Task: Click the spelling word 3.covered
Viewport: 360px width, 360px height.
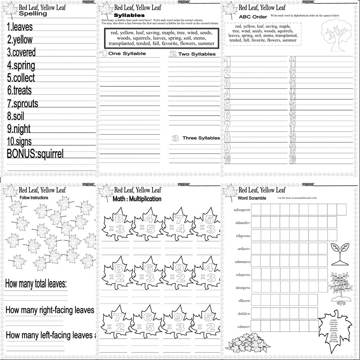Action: tap(21, 52)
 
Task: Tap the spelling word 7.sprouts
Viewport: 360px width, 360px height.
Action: tap(22, 104)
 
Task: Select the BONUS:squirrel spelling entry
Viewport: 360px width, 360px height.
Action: tap(35, 154)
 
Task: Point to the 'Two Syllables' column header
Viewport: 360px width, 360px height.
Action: tap(197, 54)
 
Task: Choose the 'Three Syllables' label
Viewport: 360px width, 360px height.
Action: tap(201, 138)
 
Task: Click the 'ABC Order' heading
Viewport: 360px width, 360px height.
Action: tap(253, 17)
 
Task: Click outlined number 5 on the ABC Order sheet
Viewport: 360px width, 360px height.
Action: tap(227, 104)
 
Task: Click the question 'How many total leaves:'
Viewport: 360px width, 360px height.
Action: tap(35, 283)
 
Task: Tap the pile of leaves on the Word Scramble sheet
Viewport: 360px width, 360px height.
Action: tap(247, 343)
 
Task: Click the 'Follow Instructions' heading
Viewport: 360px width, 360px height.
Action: tap(34, 198)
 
